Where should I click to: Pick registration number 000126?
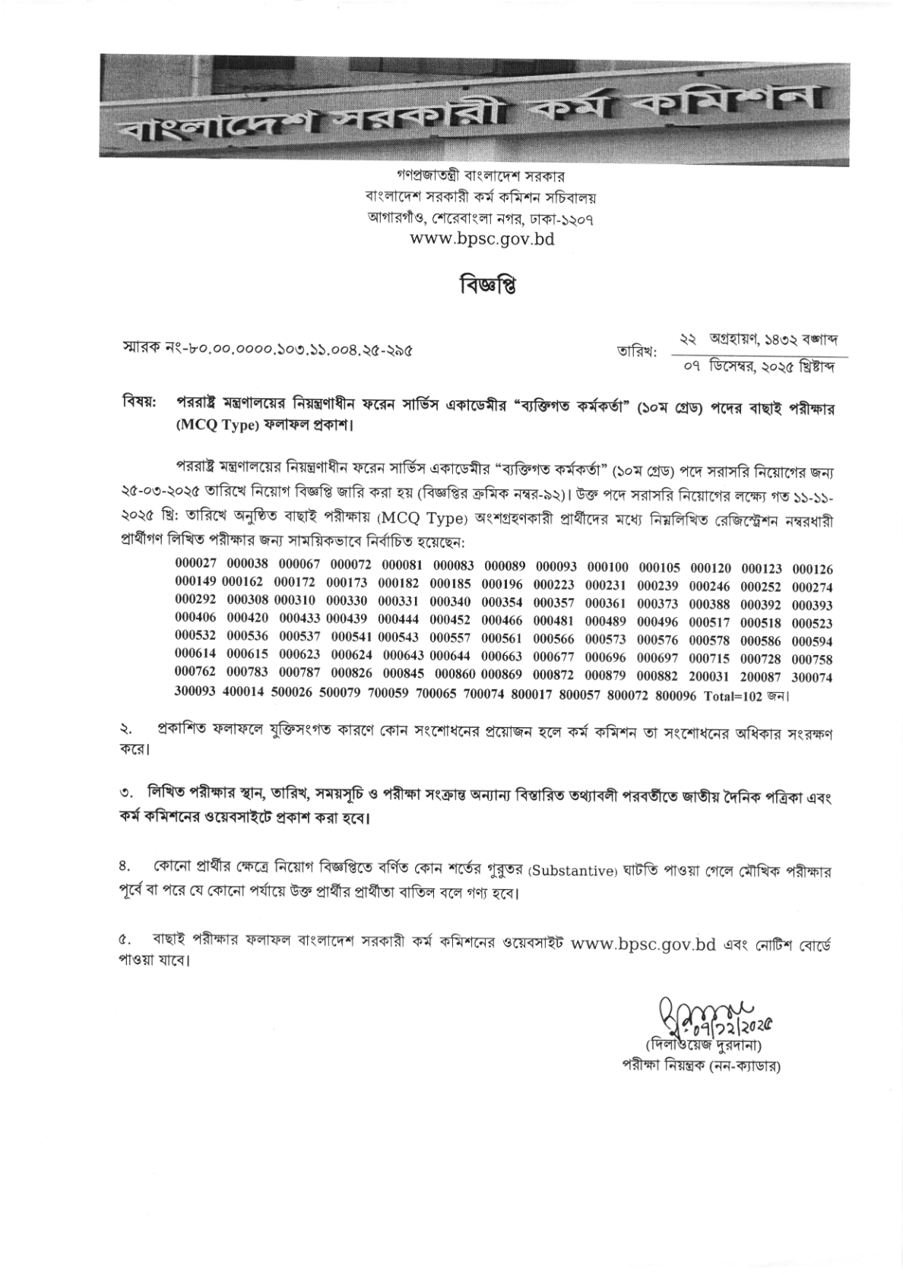coord(813,568)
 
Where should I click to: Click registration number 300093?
coord(196,694)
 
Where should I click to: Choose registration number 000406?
coord(196,622)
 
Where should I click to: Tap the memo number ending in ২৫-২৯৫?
coord(268,352)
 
